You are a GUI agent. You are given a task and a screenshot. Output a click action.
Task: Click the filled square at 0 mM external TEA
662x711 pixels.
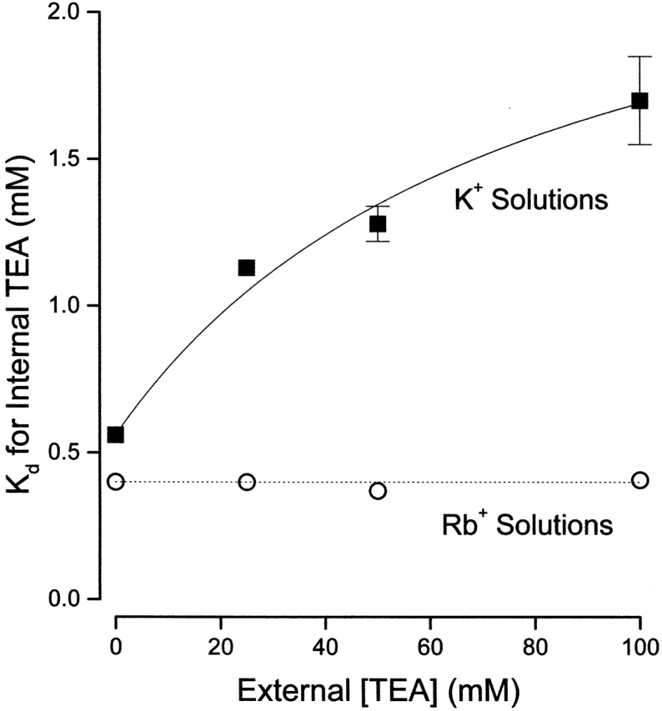[116, 434]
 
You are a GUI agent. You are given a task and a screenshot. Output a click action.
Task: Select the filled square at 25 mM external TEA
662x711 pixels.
[247, 268]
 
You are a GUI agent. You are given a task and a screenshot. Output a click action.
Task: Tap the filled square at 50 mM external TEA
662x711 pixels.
[378, 223]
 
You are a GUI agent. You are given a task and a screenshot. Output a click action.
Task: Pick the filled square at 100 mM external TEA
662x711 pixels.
[639, 101]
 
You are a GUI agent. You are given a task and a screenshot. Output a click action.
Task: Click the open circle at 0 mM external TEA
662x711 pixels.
[116, 481]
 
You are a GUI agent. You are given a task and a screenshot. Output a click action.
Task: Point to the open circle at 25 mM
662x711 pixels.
[247, 482]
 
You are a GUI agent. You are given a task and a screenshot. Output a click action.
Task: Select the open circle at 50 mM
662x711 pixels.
[378, 490]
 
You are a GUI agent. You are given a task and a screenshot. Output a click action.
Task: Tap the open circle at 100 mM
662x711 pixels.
[639, 480]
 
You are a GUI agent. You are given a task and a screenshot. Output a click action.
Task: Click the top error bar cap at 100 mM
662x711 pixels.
[639, 56]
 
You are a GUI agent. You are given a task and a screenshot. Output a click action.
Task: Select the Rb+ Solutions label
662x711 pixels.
[528, 526]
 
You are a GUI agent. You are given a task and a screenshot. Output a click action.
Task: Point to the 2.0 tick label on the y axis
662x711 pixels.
[62, 13]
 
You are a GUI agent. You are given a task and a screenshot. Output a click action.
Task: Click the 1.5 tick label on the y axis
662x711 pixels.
[62, 159]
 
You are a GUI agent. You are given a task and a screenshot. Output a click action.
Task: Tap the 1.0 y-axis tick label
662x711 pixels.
[62, 306]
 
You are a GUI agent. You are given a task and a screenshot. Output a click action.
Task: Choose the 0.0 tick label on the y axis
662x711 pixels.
[62, 598]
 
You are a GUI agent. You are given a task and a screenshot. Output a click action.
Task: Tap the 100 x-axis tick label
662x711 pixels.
[639, 645]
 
